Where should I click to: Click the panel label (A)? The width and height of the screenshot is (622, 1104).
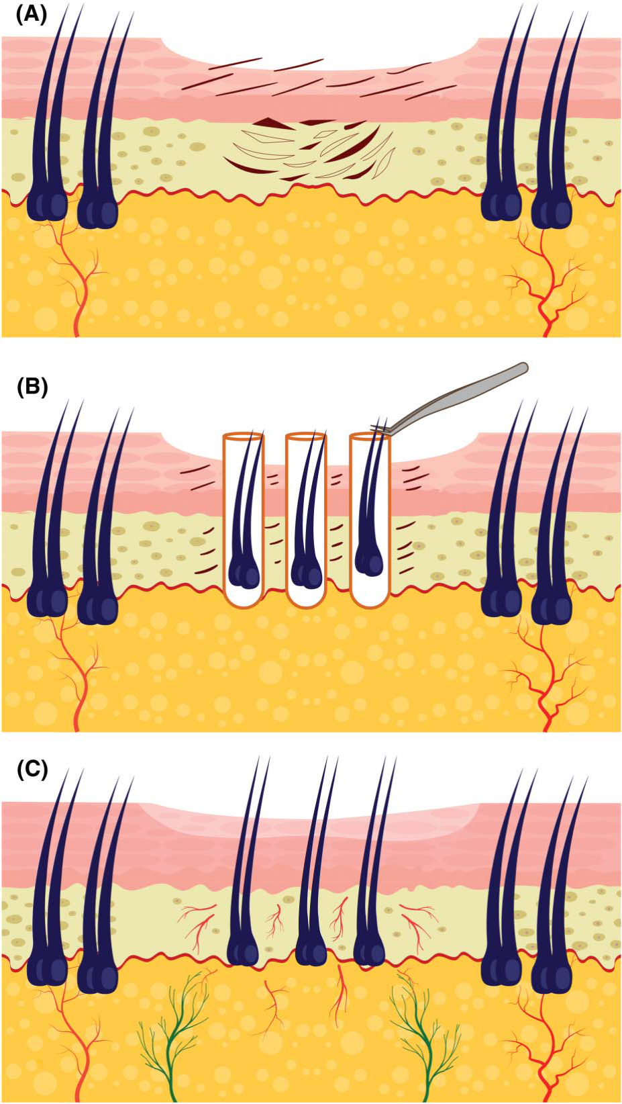[x=32, y=15]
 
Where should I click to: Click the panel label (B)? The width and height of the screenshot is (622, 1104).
[x=32, y=388]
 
